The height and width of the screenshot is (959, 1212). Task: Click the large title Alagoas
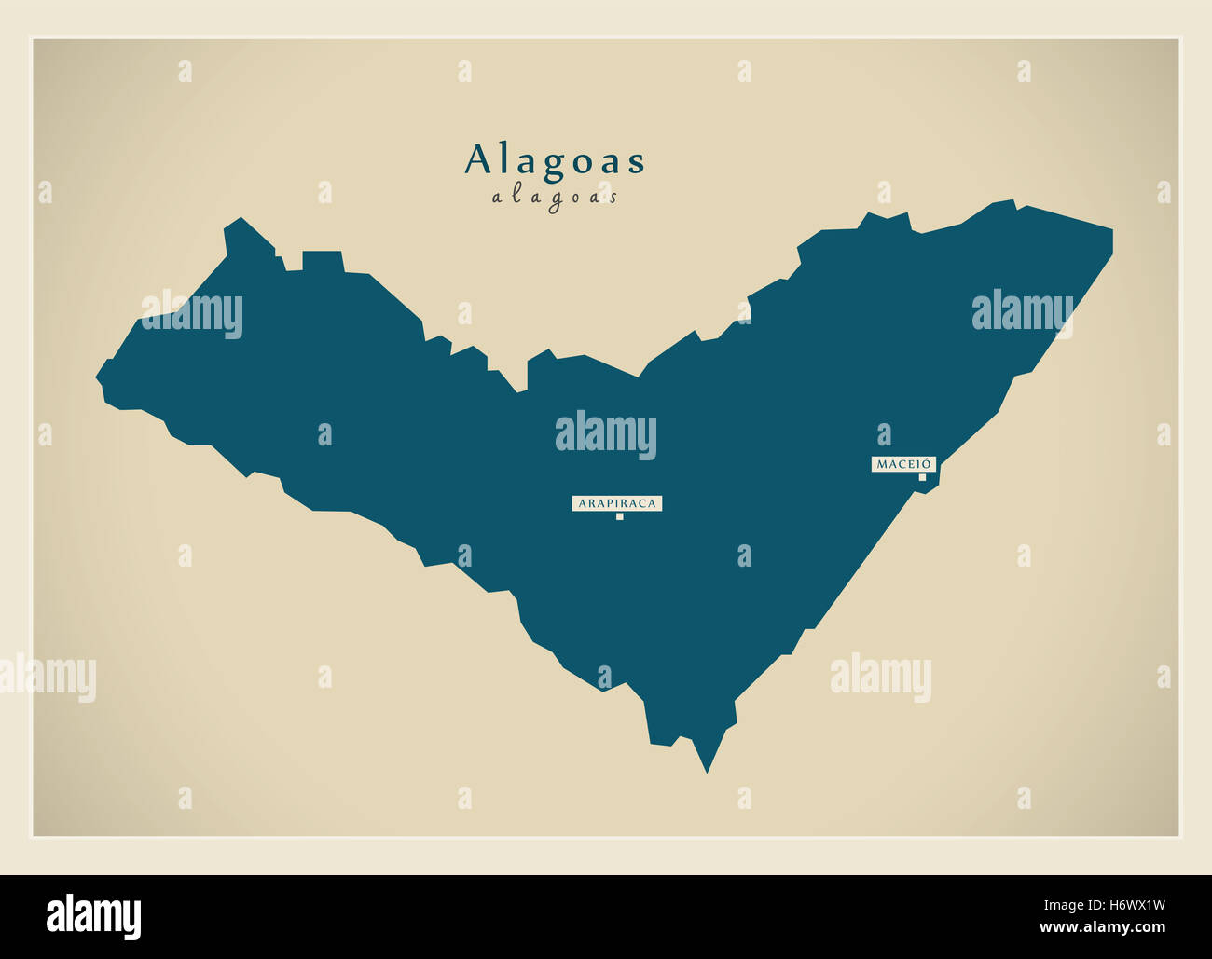[555, 160]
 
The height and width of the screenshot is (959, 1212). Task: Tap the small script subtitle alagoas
[555, 197]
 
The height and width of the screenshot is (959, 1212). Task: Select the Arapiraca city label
[617, 503]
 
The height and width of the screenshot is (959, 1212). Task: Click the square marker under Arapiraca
[619, 516]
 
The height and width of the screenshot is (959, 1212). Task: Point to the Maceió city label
[903, 463]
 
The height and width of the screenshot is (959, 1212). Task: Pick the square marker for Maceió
[922, 477]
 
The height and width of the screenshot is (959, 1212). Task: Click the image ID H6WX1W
[1134, 903]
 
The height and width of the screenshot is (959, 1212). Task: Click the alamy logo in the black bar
[93, 916]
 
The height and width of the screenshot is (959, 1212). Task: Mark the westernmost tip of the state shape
[97, 378]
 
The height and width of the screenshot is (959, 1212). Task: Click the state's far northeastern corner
[1111, 229]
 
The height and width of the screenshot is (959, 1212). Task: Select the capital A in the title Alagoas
[477, 160]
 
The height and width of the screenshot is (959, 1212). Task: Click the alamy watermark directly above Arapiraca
[606, 434]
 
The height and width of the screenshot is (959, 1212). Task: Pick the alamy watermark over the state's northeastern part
[1022, 313]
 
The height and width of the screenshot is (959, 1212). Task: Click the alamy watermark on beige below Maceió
[880, 677]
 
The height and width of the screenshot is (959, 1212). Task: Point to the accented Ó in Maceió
[927, 462]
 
